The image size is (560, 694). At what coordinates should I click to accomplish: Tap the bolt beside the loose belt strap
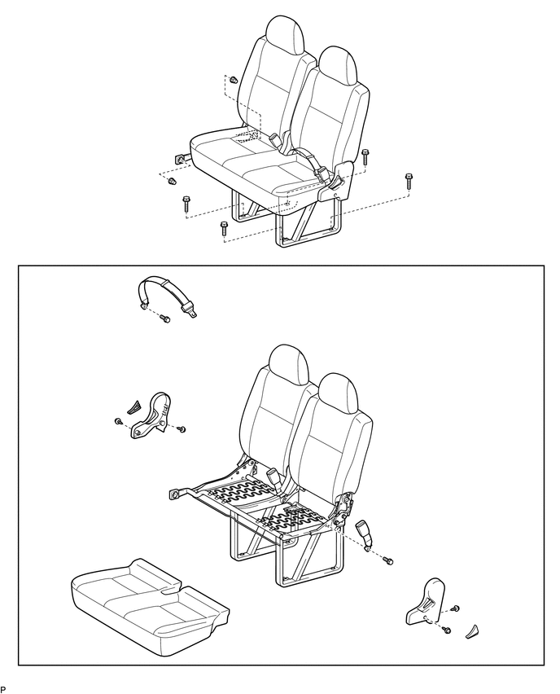pos(164,318)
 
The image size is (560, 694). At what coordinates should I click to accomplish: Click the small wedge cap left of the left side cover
pos(136,405)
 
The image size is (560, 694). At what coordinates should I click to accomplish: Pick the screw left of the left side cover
pos(119,421)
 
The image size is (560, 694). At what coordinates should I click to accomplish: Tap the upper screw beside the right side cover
pos(455,608)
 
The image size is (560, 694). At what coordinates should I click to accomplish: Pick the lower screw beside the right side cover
pos(447,629)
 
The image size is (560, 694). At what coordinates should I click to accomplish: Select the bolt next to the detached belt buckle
pos(388,560)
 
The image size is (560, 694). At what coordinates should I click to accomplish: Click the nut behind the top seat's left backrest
pos(233,81)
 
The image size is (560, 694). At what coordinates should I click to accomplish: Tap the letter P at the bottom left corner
pos(3,689)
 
